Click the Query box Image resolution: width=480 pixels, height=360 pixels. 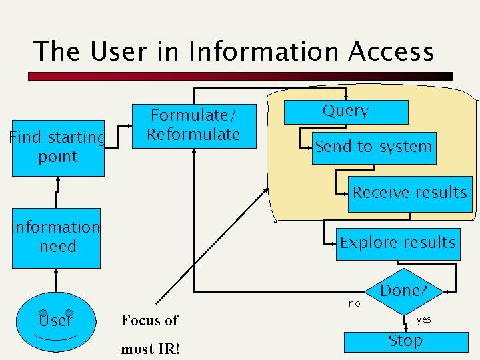[346, 112]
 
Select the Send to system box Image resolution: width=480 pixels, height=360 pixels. [373, 147]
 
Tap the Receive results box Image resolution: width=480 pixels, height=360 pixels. [409, 193]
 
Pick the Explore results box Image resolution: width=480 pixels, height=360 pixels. [397, 243]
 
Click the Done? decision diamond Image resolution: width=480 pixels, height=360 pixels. [403, 291]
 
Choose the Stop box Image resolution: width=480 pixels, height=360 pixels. [405, 341]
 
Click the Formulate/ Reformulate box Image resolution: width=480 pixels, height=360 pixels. [193, 125]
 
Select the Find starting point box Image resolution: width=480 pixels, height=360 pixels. [58, 147]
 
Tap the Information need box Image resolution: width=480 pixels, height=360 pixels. [56, 237]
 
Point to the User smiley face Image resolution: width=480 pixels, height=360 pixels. [55, 321]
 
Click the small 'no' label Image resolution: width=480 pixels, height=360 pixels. [354, 303]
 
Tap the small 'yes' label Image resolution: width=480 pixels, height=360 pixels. [424, 319]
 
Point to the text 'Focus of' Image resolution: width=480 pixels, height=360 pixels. [149, 321]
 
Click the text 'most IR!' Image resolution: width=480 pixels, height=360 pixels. [150, 349]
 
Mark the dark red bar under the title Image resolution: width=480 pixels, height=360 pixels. [240, 77]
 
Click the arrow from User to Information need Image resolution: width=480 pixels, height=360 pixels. [56, 281]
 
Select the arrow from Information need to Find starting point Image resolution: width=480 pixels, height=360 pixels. [57, 193]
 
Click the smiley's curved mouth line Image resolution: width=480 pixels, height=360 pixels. [55, 338]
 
